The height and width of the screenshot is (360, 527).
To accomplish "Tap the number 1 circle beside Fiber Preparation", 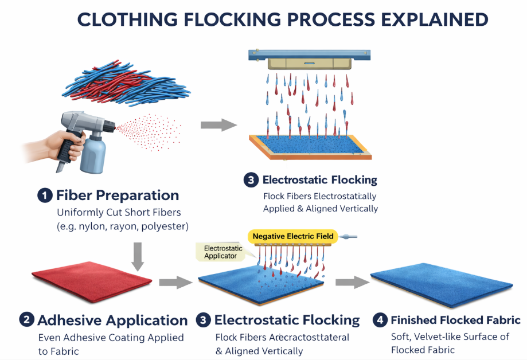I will [45, 195].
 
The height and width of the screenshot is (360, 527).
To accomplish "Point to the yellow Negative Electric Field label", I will [293, 236].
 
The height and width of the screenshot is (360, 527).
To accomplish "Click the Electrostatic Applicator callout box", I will [223, 252].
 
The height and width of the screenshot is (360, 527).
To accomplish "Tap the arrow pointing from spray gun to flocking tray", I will [219, 124].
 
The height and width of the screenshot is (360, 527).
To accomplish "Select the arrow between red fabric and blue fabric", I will [175, 281].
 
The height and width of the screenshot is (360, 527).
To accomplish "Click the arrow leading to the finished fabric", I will [351, 281].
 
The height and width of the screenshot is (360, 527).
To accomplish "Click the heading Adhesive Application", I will [112, 320].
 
